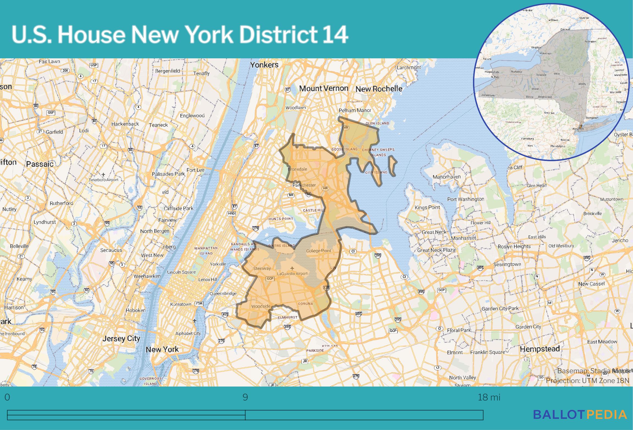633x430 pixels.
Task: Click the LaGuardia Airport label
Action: coord(292,273)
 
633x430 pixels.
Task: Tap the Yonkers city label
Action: coord(264,65)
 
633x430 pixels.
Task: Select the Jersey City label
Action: coord(121,338)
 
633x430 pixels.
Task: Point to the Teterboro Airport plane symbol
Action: coord(103,175)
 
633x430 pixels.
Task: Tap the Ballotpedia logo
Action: coord(580,414)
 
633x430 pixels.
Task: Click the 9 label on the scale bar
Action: coord(245,397)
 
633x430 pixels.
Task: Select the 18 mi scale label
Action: coord(489,397)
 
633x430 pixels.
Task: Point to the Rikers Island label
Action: coord(282,245)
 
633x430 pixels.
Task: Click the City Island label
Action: coord(376,172)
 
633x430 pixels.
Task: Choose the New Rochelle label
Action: coord(379,89)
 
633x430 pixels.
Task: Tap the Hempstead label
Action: coord(540,349)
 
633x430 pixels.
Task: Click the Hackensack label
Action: coord(125,124)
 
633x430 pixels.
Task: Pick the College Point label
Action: coord(319,251)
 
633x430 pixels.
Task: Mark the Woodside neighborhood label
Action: coord(261,306)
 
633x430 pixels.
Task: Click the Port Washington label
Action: coord(466,199)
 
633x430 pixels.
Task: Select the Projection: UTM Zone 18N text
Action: coord(587,380)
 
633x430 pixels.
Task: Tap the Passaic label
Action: coord(40,164)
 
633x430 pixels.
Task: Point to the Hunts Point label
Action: coord(281,219)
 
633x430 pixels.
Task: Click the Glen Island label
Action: coord(377,123)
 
